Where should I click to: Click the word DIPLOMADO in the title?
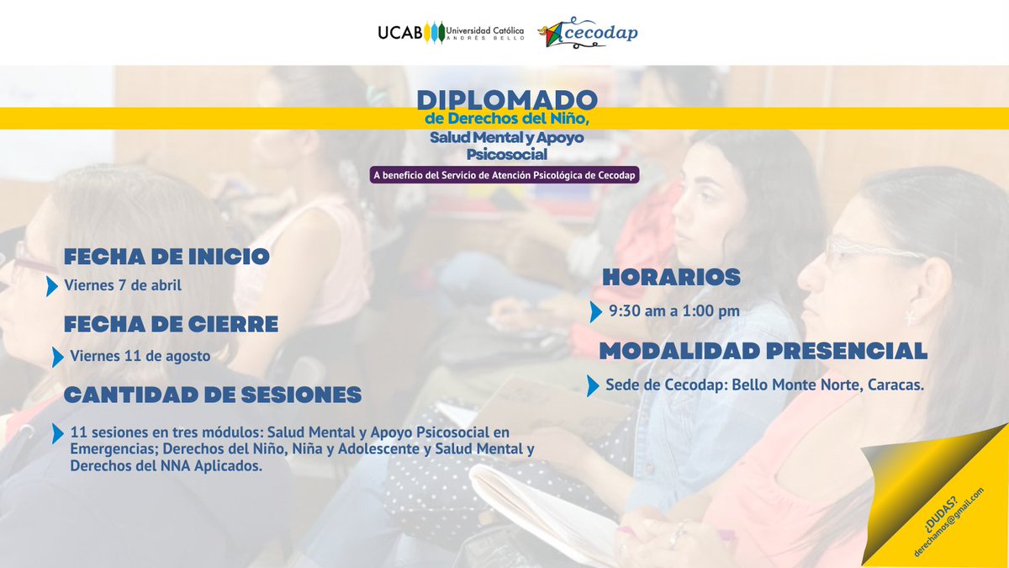(x=507, y=100)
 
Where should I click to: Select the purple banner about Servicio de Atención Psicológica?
(x=504, y=174)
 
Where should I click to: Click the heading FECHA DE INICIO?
(x=166, y=256)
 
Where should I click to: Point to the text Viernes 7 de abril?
(x=123, y=285)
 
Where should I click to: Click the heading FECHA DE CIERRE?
(x=171, y=324)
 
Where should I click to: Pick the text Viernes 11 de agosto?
(x=140, y=356)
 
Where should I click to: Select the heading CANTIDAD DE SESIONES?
(x=213, y=394)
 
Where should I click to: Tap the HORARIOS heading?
(x=671, y=276)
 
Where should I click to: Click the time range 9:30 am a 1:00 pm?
(x=674, y=311)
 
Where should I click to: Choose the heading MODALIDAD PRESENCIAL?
(x=763, y=351)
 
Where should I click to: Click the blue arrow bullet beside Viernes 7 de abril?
(x=52, y=285)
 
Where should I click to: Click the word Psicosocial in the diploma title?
(x=507, y=155)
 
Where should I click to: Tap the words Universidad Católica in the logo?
(x=485, y=29)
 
